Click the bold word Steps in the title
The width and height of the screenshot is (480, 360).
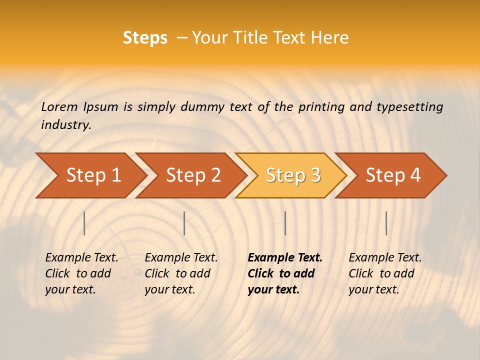(145, 38)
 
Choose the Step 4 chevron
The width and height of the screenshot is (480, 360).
(393, 175)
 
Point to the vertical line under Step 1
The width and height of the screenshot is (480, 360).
(84, 223)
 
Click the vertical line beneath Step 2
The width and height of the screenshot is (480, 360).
(184, 223)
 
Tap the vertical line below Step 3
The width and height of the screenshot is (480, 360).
(285, 223)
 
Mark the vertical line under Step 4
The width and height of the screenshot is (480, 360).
(386, 223)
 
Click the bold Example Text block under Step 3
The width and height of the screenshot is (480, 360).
(285, 273)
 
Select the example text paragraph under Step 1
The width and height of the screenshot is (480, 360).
(81, 273)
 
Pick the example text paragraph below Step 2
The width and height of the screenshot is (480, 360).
(181, 273)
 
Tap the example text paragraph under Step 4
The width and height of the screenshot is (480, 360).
(385, 273)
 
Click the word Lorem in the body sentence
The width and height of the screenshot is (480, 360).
(59, 106)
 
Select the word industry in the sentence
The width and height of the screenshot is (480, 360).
(65, 124)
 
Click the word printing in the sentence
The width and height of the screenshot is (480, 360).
(322, 106)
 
